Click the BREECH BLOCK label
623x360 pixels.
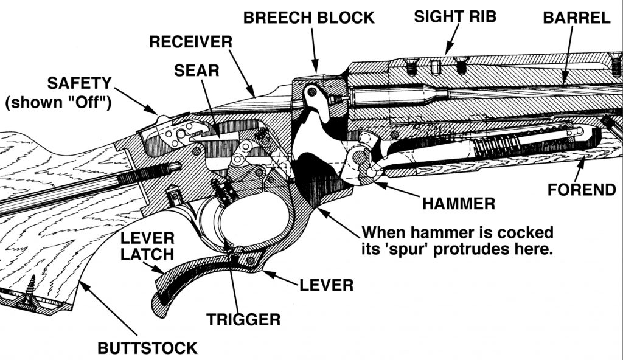pyautogui.click(x=308, y=18)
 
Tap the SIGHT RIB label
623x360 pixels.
pyautogui.click(x=455, y=16)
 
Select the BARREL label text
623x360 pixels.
pyautogui.click(x=576, y=18)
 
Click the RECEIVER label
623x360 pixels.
pyautogui.click(x=190, y=43)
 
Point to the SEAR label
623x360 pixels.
pyautogui.click(x=196, y=70)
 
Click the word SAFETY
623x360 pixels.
pyautogui.click(x=80, y=82)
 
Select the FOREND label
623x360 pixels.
pyautogui.click(x=582, y=190)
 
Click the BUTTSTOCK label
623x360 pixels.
pyautogui.click(x=148, y=348)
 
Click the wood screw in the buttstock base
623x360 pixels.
pyautogui.click(x=28, y=296)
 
